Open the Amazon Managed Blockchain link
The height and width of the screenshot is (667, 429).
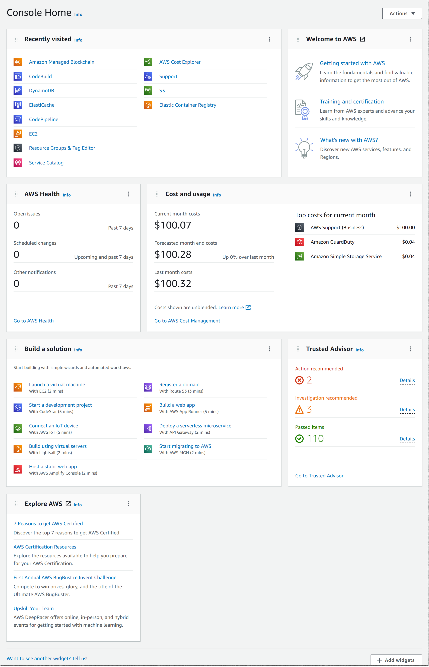click(x=62, y=62)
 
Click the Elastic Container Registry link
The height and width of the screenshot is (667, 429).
click(x=187, y=105)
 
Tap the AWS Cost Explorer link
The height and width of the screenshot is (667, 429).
click(x=180, y=62)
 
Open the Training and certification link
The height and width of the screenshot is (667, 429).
click(x=352, y=102)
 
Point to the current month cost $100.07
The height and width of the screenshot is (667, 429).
click(x=173, y=225)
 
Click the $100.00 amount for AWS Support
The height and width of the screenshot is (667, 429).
click(x=405, y=228)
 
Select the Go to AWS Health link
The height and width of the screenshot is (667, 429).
click(x=33, y=321)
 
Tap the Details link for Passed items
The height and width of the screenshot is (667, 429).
click(x=407, y=439)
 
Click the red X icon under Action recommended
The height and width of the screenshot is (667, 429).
click(x=299, y=380)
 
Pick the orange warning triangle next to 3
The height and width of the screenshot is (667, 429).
click(x=299, y=409)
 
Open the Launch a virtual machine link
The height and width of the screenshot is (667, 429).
click(x=57, y=385)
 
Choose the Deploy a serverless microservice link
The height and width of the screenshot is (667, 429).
click(x=195, y=426)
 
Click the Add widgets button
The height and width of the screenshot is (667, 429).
click(x=396, y=660)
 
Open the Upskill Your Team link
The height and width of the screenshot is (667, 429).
click(x=33, y=608)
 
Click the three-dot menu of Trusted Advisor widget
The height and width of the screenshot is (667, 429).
click(x=410, y=349)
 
